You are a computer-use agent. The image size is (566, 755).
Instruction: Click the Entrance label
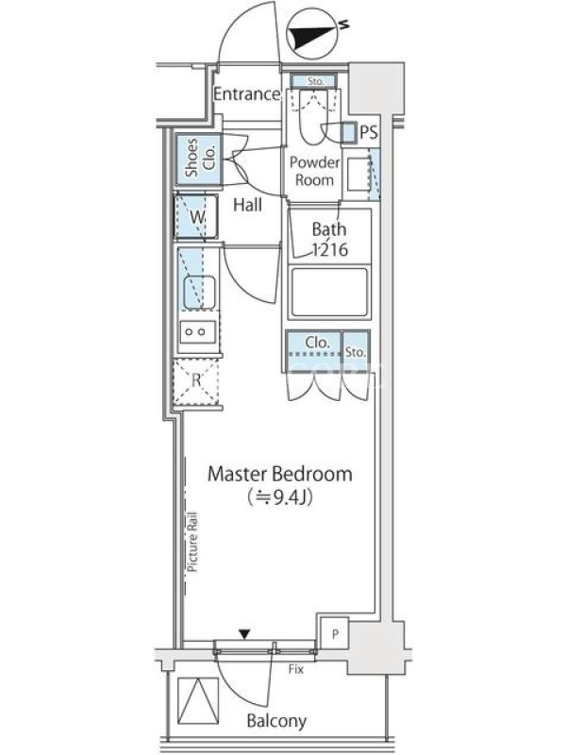coord(246,93)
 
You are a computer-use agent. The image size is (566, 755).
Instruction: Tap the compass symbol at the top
coord(312,37)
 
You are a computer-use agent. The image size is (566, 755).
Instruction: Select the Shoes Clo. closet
coord(198,158)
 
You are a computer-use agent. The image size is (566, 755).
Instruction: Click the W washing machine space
coord(196,217)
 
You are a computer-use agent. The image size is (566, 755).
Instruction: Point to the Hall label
coord(247,205)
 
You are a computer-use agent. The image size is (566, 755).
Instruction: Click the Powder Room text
coord(314,172)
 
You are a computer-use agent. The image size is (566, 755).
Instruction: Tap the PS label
coord(369,132)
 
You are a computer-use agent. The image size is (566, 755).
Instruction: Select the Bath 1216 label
coord(329,239)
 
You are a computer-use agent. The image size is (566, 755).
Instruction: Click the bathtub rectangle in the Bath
coord(329,293)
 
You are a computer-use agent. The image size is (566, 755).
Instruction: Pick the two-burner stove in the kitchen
coord(198,332)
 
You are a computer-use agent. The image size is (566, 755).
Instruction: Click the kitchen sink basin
coord(199,293)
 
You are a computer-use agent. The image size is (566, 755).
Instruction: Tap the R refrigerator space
coord(196,381)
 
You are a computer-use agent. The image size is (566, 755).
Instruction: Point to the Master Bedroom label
coord(279,475)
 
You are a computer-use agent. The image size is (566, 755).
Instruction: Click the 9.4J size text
coord(280,497)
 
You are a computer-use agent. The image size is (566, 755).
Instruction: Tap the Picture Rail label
coord(193,542)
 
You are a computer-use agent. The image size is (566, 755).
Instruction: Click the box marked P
coord(335,633)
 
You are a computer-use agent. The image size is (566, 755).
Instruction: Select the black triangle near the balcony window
coord(245,634)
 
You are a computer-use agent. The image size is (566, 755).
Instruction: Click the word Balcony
coord(276,721)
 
